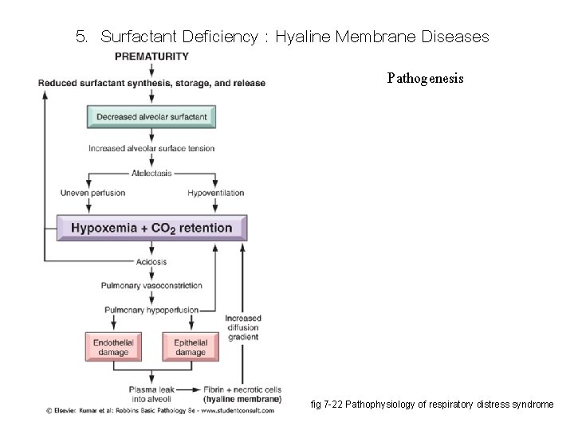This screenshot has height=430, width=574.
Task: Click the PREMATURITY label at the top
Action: click(x=151, y=56)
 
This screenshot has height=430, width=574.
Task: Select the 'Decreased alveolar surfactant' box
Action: click(x=151, y=117)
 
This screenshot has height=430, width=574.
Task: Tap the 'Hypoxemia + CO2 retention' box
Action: click(x=151, y=228)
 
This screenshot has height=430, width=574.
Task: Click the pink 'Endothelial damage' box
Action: click(x=112, y=347)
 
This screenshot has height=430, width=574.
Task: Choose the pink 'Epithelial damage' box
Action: click(x=191, y=347)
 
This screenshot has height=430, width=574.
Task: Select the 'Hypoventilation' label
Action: click(x=215, y=193)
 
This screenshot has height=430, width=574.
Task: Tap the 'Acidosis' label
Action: click(x=151, y=262)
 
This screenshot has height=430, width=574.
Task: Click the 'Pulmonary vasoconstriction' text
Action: click(x=151, y=285)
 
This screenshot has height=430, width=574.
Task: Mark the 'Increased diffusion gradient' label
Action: click(x=243, y=327)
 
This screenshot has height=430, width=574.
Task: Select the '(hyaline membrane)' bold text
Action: click(x=242, y=398)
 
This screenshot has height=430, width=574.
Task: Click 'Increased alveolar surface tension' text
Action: click(x=151, y=148)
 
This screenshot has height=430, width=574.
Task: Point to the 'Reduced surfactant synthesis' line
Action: click(x=151, y=83)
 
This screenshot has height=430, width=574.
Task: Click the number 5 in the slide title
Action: click(x=79, y=37)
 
